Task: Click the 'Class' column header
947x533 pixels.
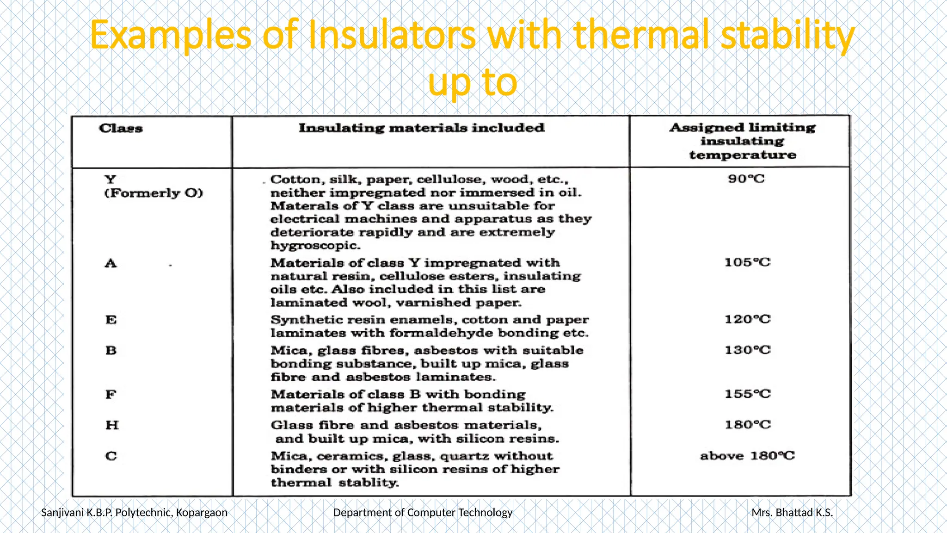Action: (x=121, y=128)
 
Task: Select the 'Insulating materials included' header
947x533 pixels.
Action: (x=421, y=128)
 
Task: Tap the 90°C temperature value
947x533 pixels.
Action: (x=746, y=179)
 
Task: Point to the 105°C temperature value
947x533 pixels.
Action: (x=747, y=262)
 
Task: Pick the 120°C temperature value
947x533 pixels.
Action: (x=747, y=319)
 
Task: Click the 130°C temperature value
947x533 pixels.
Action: (x=747, y=350)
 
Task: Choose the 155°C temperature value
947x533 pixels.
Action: (x=747, y=394)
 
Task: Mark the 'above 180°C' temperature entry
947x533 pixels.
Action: (x=747, y=456)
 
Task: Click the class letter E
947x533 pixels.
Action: (x=111, y=320)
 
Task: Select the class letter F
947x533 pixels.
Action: (x=111, y=395)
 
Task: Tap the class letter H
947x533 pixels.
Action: (x=111, y=425)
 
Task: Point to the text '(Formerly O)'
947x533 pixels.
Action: (x=154, y=193)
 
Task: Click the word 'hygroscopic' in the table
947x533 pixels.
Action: (x=314, y=246)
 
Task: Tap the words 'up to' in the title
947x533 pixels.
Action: (x=472, y=82)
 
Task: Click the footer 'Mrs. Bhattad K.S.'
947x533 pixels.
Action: (x=792, y=513)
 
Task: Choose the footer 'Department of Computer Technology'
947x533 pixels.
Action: (x=423, y=513)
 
